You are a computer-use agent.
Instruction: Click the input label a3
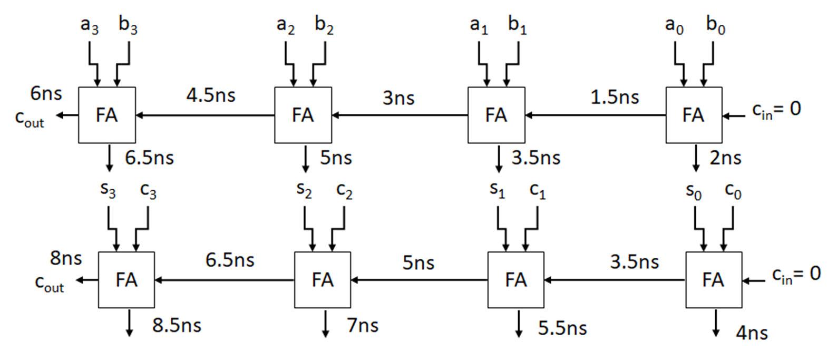[x=90, y=26]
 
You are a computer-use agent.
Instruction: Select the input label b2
[x=324, y=26]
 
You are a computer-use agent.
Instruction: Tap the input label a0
[x=674, y=26]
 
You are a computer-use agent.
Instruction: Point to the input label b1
[x=517, y=26]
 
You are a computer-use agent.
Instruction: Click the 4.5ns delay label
[x=211, y=95]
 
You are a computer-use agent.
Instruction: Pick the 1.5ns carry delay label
[x=615, y=97]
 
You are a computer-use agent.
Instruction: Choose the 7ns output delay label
[x=363, y=325]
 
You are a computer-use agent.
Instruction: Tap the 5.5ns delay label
[x=562, y=328]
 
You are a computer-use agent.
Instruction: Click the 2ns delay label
[x=725, y=158]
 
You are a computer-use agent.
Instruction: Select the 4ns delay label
[x=752, y=333]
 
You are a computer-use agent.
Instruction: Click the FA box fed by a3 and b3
[x=107, y=115]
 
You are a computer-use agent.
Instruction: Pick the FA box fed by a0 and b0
[x=694, y=115]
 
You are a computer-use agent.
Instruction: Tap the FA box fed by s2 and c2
[x=322, y=280]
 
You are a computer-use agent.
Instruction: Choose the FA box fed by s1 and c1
[x=515, y=280]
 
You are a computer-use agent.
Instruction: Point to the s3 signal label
[x=108, y=190]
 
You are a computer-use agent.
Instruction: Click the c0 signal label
[x=733, y=191]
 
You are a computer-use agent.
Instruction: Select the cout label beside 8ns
[x=50, y=283]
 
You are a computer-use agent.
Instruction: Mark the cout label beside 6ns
[x=30, y=119]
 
